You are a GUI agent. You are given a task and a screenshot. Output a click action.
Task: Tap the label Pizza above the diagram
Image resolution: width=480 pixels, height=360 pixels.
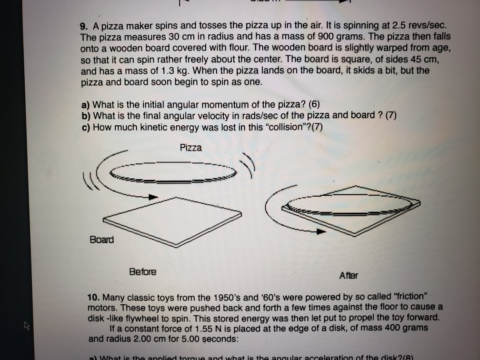tap(190, 148)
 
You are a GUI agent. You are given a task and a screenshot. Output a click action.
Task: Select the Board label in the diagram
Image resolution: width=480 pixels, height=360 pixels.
tap(101, 239)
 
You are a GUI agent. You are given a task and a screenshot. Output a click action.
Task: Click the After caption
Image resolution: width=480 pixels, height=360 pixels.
tap(349, 275)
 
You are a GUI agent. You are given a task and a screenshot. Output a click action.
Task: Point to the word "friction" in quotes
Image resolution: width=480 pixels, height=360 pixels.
tap(394, 296)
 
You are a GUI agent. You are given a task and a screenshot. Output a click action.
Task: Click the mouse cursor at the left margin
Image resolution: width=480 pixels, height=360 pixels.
tap(25, 326)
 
